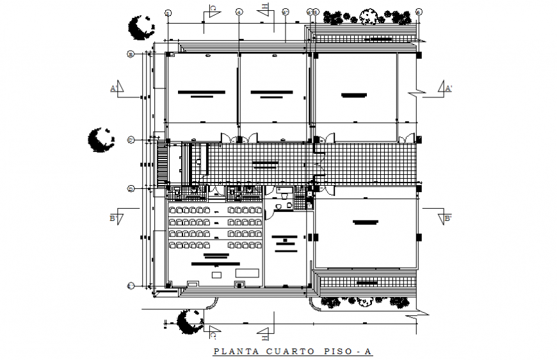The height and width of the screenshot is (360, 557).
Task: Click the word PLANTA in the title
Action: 233,351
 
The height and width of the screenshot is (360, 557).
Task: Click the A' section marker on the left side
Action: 113,88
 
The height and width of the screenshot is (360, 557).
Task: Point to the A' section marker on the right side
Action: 448,88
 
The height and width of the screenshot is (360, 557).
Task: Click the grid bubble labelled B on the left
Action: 130,55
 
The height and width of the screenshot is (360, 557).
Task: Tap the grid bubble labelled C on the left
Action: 130,140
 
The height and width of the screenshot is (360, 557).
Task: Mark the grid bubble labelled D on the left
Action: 130,188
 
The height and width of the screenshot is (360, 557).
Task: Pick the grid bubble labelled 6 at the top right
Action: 418,12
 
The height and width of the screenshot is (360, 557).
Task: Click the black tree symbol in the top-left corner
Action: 140,27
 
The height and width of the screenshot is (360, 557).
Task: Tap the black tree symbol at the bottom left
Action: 190,321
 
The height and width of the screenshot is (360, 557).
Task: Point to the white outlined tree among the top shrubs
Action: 369,15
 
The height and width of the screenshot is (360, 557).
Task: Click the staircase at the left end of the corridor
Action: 163,163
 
